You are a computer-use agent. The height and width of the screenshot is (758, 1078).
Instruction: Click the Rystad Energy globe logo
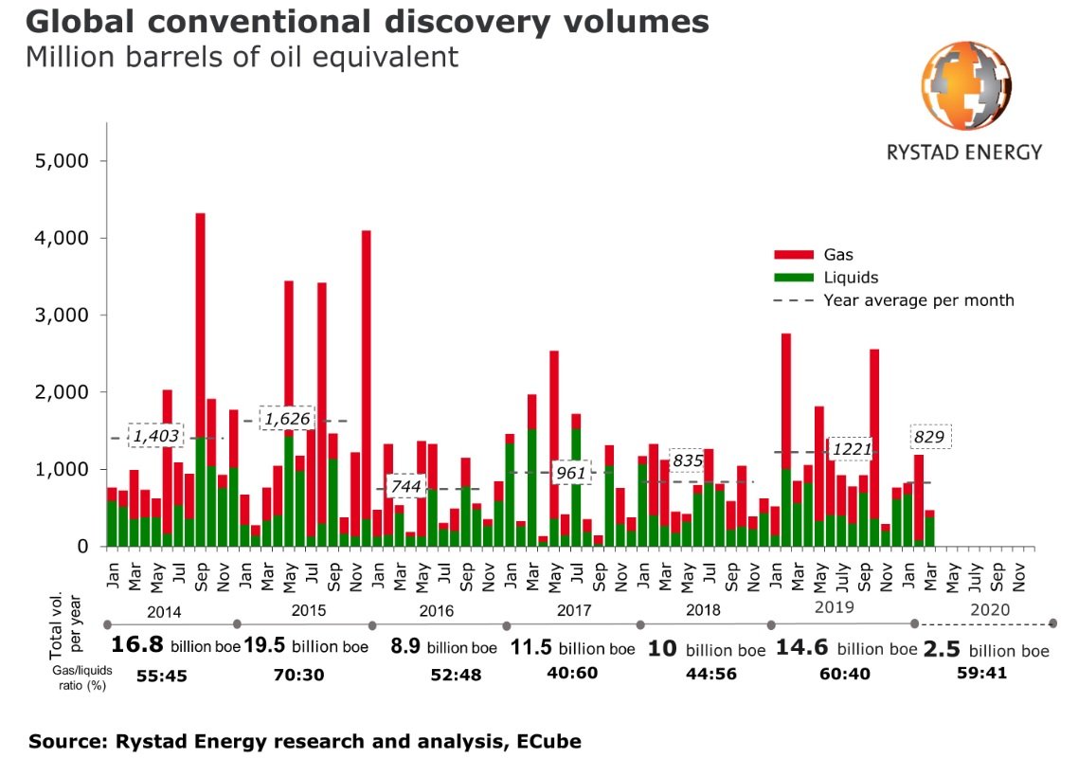tap(965, 84)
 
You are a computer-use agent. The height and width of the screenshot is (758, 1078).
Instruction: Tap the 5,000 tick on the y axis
tap(63, 161)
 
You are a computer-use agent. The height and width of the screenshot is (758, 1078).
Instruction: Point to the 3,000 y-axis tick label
tap(63, 316)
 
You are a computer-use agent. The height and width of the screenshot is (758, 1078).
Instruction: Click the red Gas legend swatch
tap(794, 255)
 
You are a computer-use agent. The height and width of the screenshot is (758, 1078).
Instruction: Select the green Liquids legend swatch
tap(794, 278)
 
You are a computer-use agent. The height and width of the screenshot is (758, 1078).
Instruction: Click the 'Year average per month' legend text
tap(918, 300)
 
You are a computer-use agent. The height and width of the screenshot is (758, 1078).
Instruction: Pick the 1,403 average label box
tap(155, 437)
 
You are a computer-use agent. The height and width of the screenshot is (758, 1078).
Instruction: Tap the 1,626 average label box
tap(288, 418)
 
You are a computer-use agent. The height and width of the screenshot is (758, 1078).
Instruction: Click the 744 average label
tap(405, 487)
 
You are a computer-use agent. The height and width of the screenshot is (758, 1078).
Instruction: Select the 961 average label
tap(571, 472)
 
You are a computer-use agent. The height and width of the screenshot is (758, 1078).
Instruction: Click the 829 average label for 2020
tap(930, 437)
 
